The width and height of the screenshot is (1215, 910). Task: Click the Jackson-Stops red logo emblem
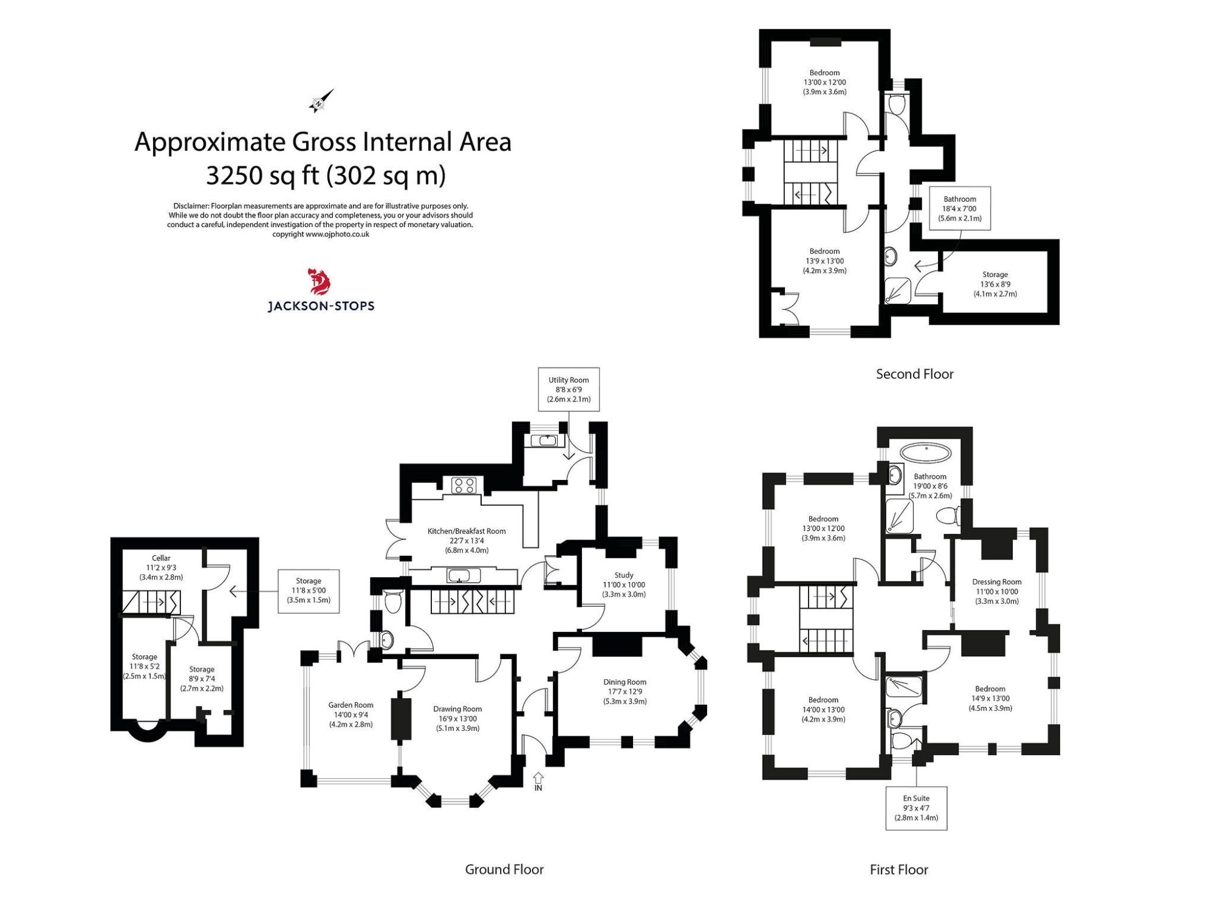click(319, 281)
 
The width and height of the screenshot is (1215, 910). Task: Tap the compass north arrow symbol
click(321, 101)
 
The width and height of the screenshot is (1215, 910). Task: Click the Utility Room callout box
click(568, 389)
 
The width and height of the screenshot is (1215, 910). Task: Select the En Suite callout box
click(916, 808)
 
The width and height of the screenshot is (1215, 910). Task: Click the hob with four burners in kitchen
click(464, 485)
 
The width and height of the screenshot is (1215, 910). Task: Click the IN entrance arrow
click(538, 781)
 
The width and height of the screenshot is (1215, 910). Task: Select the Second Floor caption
click(914, 374)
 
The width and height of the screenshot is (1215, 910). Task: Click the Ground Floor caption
click(504, 869)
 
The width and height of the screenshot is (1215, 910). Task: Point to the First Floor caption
click(898, 869)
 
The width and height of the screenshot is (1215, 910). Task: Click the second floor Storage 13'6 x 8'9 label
click(995, 284)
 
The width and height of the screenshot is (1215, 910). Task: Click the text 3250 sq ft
click(262, 176)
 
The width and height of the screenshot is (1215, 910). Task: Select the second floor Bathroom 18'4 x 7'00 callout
click(960, 208)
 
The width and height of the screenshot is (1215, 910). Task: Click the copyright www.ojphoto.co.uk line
click(320, 234)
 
